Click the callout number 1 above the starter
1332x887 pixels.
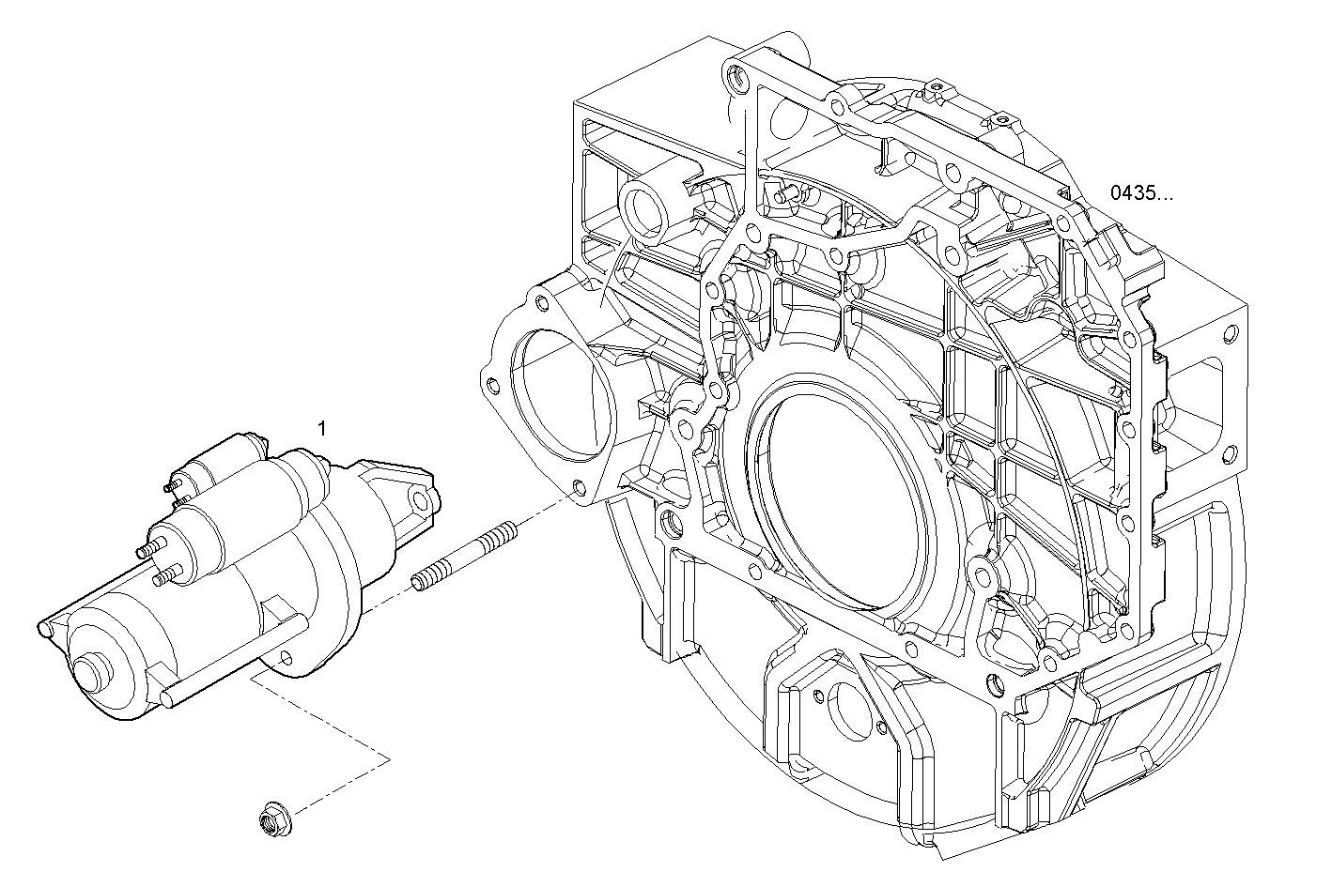coord(321,429)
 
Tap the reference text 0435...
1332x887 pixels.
coord(1141,194)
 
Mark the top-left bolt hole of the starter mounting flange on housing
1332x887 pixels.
coord(540,303)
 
